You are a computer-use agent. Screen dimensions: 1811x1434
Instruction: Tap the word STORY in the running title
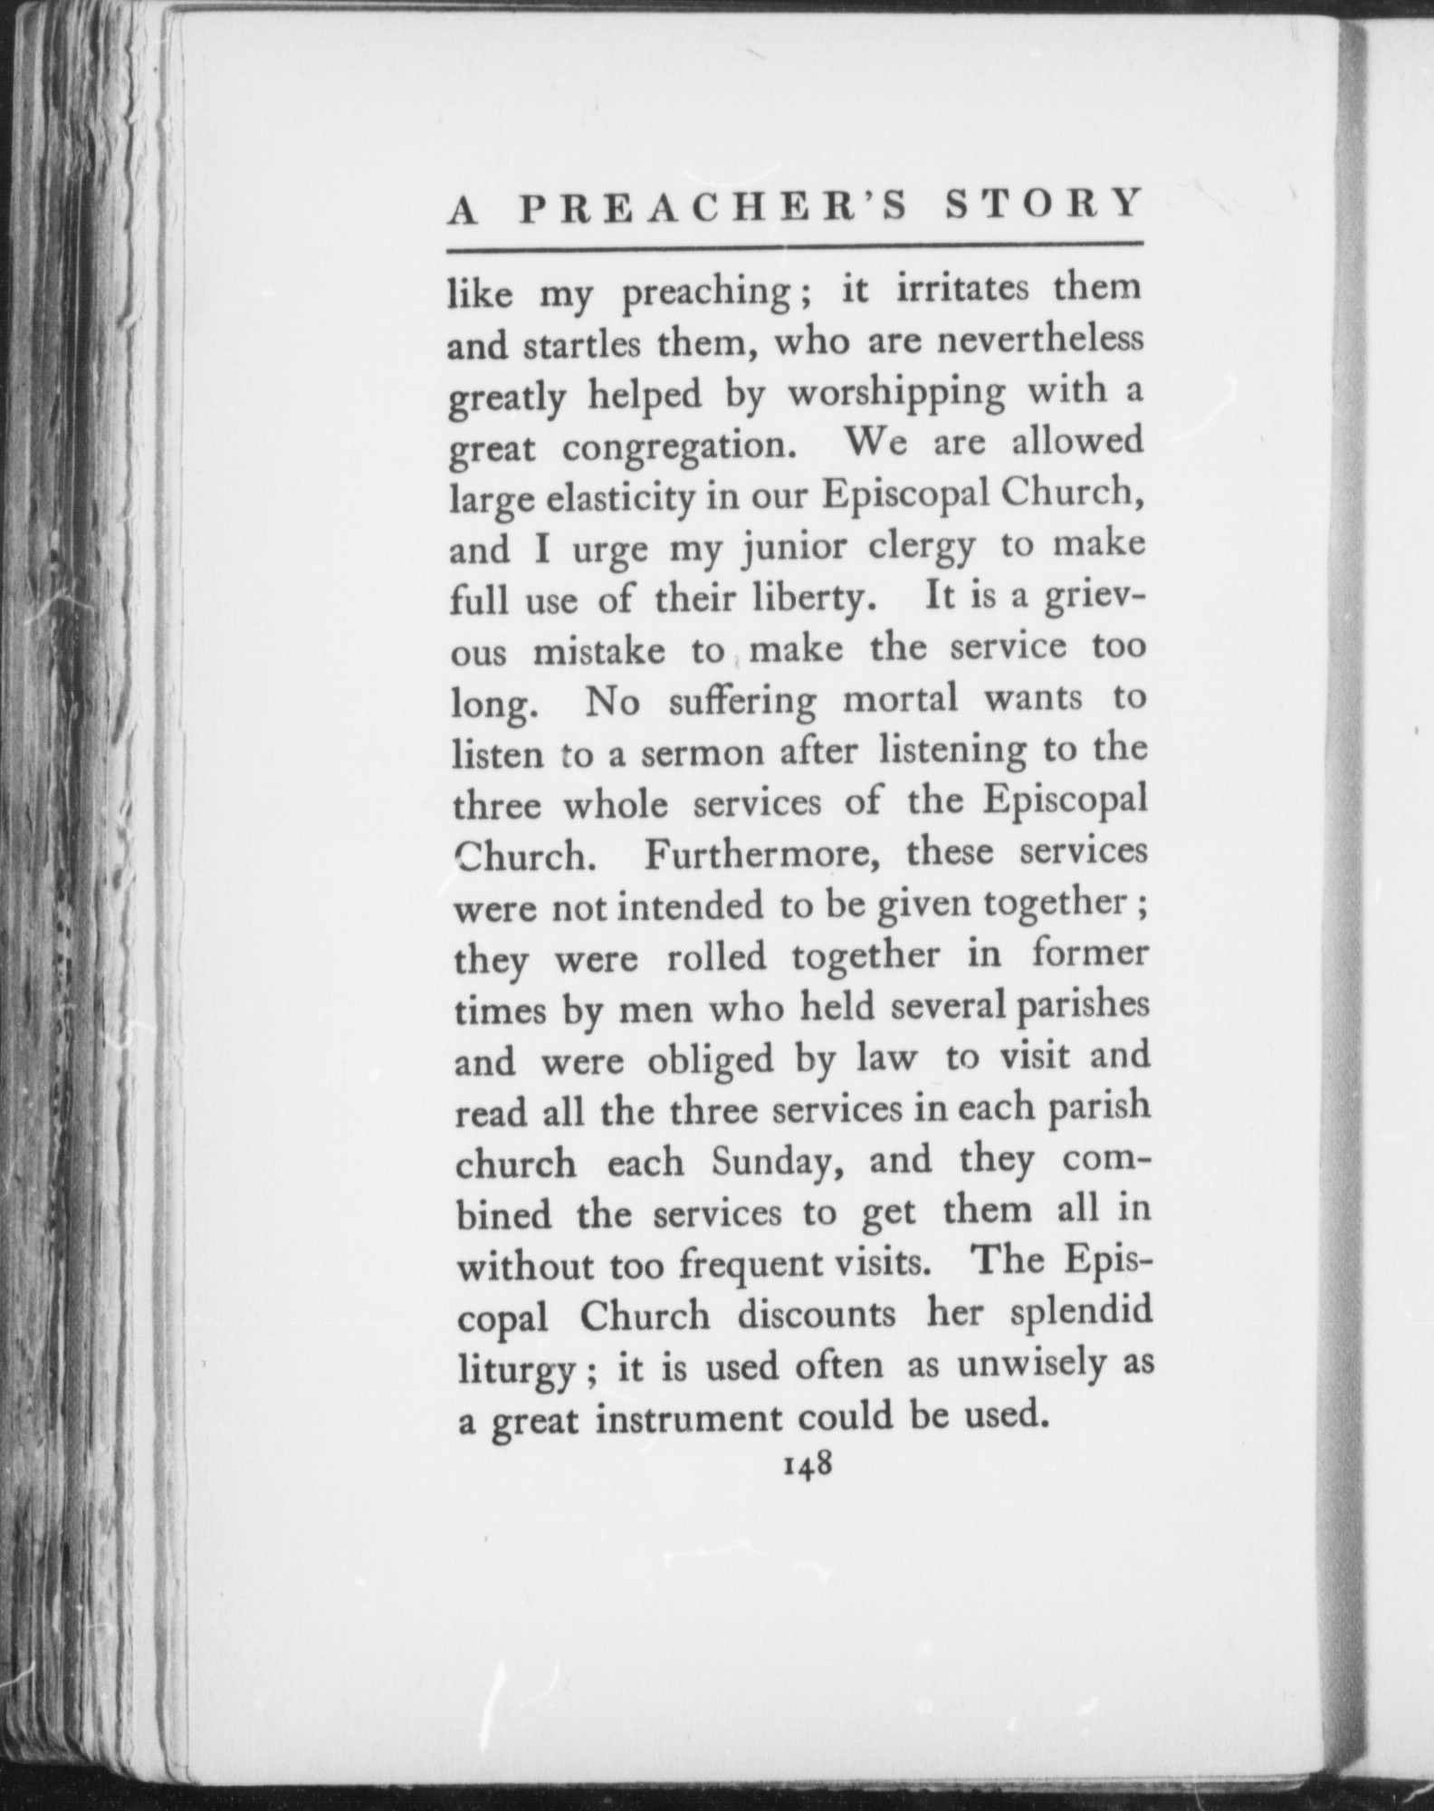tap(1044, 205)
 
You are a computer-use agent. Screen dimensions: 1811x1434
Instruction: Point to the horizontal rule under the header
tap(796, 245)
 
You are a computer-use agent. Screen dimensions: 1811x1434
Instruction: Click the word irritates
tap(963, 288)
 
